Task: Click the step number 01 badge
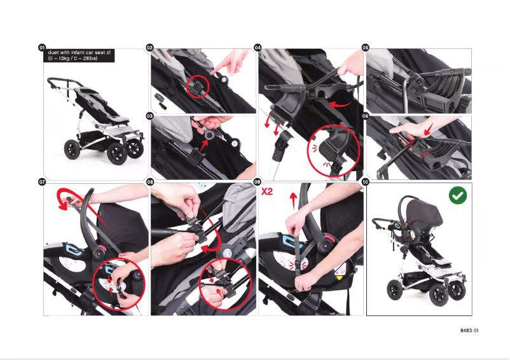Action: [42, 48]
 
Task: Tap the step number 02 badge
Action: [150, 48]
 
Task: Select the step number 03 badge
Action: [150, 116]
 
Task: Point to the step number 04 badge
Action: [258, 48]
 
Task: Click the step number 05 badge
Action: [365, 48]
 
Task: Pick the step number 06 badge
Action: [365, 116]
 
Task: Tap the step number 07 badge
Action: [42, 182]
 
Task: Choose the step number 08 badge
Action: [150, 182]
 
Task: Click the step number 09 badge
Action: [258, 182]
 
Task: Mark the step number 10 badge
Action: [365, 182]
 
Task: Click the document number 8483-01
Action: [469, 331]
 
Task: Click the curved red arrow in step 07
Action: [65, 198]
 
